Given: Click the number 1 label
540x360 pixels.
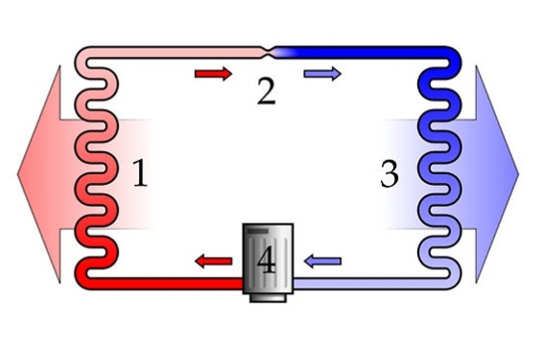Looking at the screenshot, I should coord(139,174).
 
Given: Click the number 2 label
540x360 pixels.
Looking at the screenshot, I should coord(266,92).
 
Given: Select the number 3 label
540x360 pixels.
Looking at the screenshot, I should coord(389,174).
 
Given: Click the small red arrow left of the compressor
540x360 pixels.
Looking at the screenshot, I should coord(213,261).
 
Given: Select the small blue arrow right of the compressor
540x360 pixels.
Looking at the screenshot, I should coord(323,261).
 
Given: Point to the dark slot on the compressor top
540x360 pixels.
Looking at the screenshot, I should coord(256,232).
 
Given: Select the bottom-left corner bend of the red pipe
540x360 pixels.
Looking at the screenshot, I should coord(82,279).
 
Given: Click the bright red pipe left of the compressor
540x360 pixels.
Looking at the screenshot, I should coord(169,283).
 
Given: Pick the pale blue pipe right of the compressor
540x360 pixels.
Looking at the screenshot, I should coord(364,283).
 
